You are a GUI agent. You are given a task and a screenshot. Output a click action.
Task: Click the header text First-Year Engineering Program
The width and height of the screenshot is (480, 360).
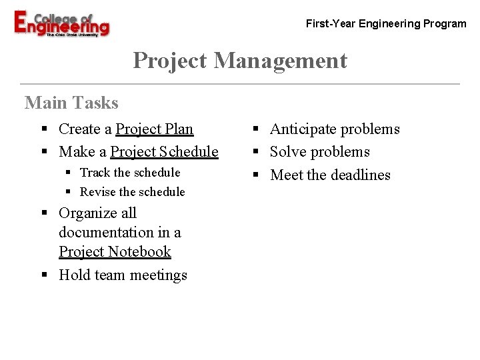[x=386, y=24]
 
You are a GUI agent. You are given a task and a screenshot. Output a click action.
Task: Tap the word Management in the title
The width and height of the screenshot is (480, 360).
[x=281, y=61]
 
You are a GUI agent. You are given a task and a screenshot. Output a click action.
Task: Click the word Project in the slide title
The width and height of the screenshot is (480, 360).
[x=170, y=61]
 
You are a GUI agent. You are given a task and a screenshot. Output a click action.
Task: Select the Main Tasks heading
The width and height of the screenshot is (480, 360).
[x=71, y=103]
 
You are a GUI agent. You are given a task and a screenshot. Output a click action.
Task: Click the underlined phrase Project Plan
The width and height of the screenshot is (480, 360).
[x=155, y=129]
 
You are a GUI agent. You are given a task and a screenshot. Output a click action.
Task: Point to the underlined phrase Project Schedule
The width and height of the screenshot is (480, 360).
[x=164, y=152]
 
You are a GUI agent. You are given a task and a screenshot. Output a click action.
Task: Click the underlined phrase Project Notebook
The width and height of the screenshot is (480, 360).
[x=115, y=252]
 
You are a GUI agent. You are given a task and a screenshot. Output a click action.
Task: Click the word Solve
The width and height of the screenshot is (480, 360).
[x=286, y=152]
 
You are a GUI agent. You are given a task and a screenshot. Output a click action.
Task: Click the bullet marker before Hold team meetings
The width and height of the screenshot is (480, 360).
[x=43, y=275]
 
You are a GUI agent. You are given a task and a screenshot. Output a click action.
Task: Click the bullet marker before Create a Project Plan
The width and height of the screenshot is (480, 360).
[x=43, y=129]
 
